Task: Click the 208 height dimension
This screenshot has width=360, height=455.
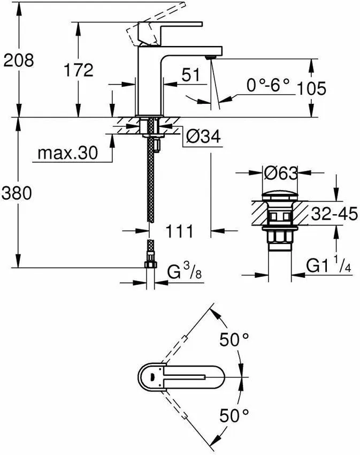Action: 19,60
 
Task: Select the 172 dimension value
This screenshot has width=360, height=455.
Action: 78,69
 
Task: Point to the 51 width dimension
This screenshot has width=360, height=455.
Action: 194,75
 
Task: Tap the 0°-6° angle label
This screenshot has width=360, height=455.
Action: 267,84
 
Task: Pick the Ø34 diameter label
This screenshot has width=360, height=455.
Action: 203,138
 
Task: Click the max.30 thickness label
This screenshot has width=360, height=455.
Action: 68,154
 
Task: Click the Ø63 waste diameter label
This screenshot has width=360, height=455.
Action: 280,173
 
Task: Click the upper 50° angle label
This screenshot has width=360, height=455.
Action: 235,339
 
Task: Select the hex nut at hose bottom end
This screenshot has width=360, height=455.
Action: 150,264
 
